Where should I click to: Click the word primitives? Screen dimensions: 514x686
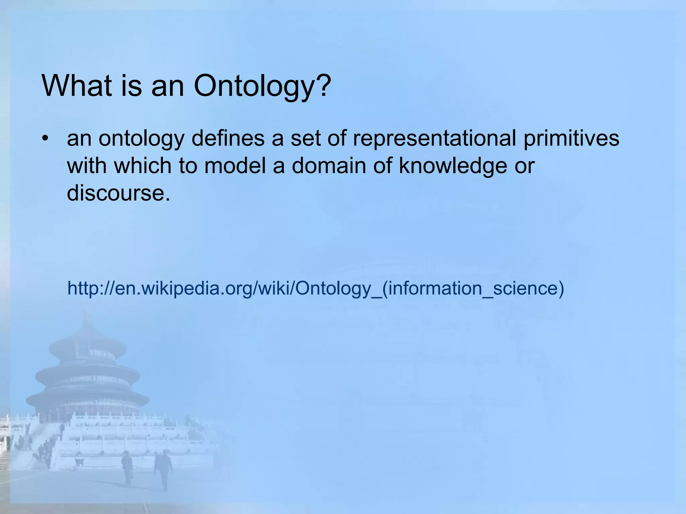[x=571, y=139]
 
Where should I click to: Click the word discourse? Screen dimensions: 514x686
[x=118, y=193]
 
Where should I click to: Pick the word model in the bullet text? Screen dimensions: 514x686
[x=234, y=166]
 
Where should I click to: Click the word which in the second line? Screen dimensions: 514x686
[x=143, y=166]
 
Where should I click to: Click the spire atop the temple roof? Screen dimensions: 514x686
[x=86, y=318]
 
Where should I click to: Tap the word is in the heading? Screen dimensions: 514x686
[x=132, y=86]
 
